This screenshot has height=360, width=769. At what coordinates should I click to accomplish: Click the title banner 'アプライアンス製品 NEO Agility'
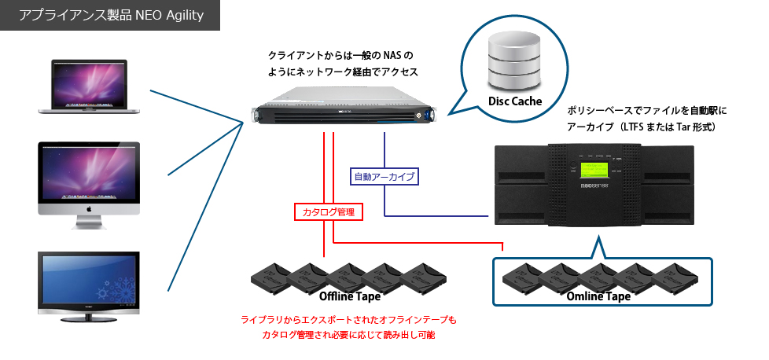click(110, 16)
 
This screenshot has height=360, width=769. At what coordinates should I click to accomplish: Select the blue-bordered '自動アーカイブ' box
click(383, 175)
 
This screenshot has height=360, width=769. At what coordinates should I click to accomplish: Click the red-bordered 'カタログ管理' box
click(329, 211)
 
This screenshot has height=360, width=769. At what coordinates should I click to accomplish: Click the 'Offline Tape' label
click(350, 296)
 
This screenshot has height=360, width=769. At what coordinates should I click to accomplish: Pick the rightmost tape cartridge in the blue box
click(676, 277)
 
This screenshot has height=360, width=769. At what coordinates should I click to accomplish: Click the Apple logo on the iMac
click(89, 210)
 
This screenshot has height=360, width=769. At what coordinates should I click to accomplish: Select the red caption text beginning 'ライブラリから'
click(348, 321)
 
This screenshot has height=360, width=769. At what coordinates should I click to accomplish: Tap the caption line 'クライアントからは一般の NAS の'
click(340, 56)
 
